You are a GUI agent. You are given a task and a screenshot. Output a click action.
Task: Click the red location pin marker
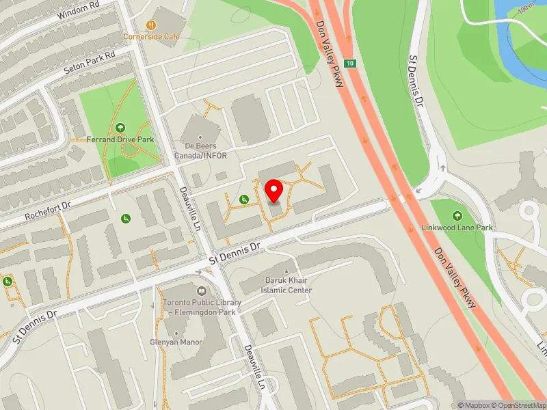coord(274,191)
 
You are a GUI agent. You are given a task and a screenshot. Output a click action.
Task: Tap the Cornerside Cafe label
coord(151,36)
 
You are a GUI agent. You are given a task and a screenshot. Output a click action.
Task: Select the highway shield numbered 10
coord(350,64)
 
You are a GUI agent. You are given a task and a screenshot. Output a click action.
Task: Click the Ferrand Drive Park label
coord(120,139)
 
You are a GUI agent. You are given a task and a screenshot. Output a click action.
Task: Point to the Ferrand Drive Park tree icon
coord(120,127)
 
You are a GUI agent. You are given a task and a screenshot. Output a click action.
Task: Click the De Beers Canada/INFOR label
coord(200,151)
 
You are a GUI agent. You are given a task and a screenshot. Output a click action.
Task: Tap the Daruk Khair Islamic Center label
coord(289,285)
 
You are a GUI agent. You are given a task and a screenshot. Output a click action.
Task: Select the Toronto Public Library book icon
coord(201,290)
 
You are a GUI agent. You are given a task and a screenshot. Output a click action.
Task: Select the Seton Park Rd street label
coord(90,61)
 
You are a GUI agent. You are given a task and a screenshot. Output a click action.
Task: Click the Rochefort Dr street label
coord(47,208)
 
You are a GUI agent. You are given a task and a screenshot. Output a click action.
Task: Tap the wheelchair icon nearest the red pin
coord(244,199)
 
